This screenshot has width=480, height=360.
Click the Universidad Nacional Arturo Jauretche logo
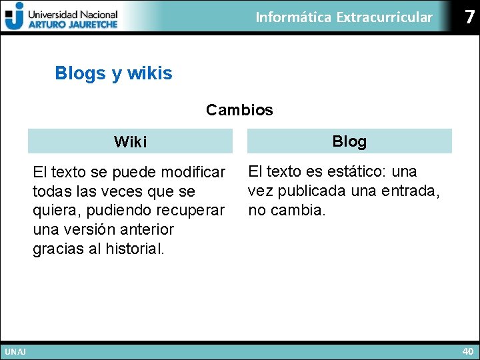[61, 16]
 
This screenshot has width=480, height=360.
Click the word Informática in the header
[293, 17]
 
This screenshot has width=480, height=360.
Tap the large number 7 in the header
[470, 17]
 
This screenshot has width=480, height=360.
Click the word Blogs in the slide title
[81, 73]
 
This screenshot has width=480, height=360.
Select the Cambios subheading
[239, 110]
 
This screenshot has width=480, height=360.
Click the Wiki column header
[130, 142]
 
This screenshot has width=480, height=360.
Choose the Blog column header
[349, 141]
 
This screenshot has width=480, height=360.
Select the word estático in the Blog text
[355, 172]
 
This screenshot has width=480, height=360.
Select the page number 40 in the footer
[467, 351]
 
